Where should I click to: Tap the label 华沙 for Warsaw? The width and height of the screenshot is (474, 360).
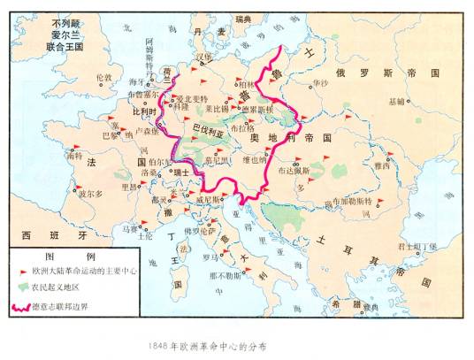point(319,83)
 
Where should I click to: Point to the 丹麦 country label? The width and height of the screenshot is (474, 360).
point(203,32)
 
